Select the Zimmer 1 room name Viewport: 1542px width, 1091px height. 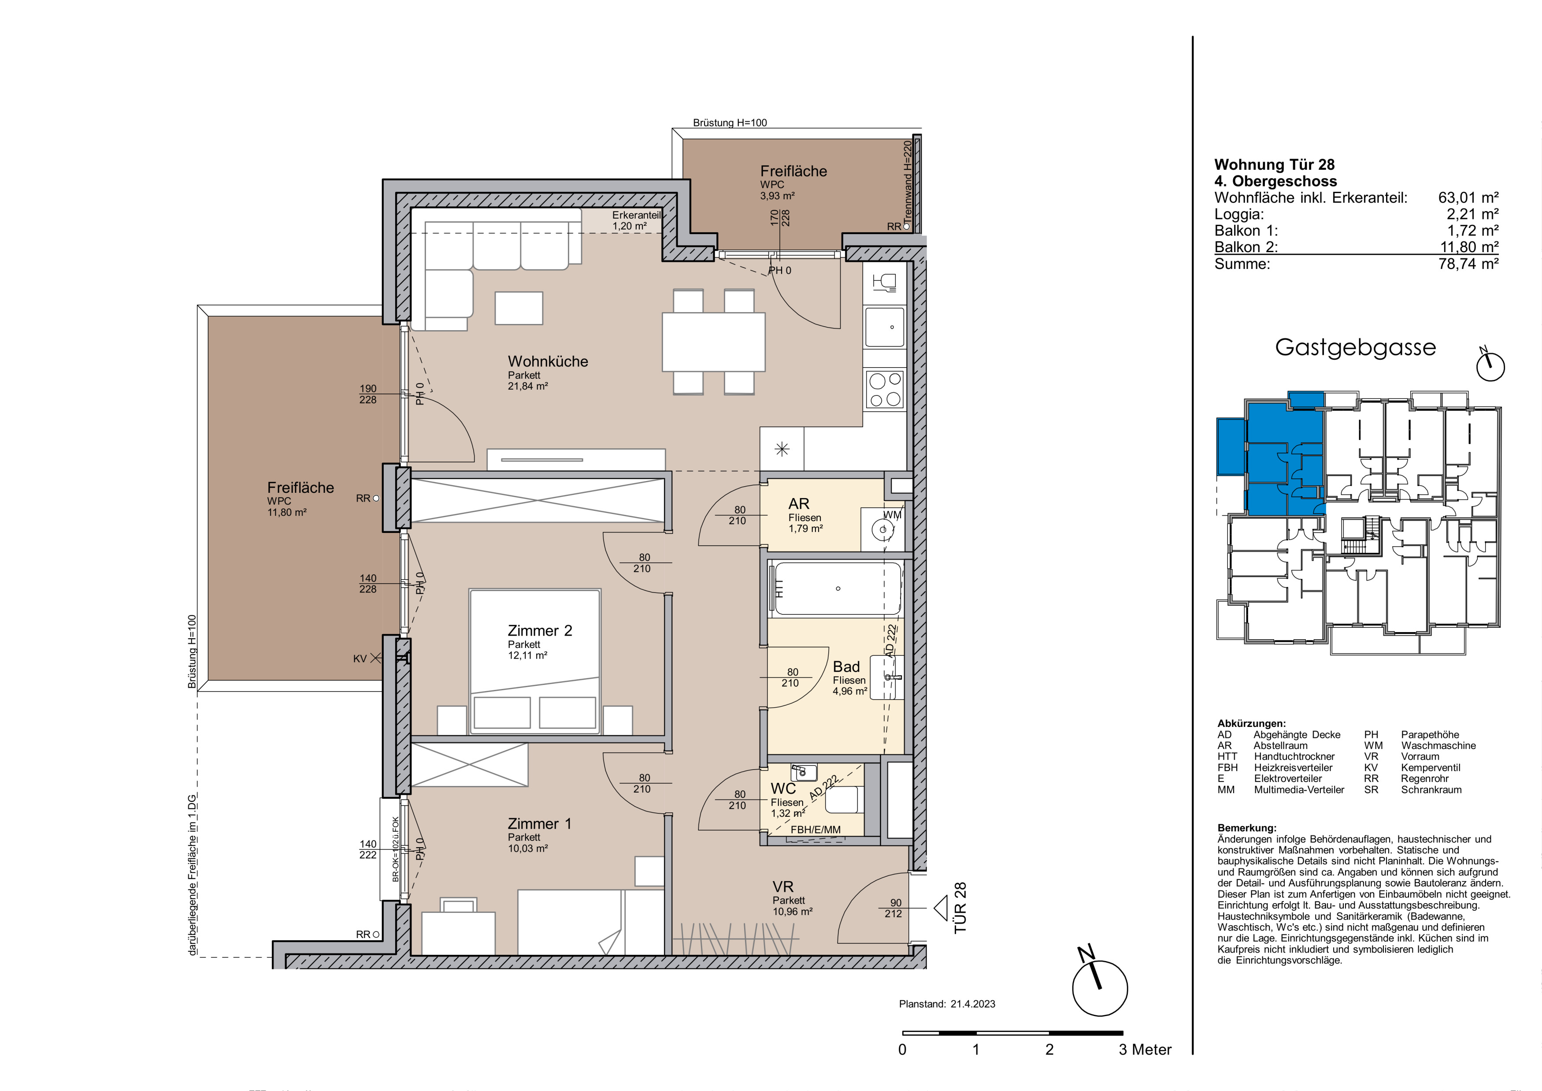pos(539,823)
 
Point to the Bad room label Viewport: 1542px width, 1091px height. pos(846,667)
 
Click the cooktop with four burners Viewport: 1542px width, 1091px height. pos(885,390)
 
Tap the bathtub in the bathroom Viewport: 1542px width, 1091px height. pos(838,588)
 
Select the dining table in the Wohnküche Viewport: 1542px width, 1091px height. pos(713,342)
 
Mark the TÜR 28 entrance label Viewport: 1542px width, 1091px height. pos(960,908)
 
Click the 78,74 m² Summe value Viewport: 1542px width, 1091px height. pos(1469,264)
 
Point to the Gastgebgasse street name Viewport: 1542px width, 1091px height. pos(1355,347)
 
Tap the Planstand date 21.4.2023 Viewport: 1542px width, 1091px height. pos(972,1004)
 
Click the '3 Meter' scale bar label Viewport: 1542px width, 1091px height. pos(1145,1050)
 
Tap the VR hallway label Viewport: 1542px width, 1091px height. pos(783,887)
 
